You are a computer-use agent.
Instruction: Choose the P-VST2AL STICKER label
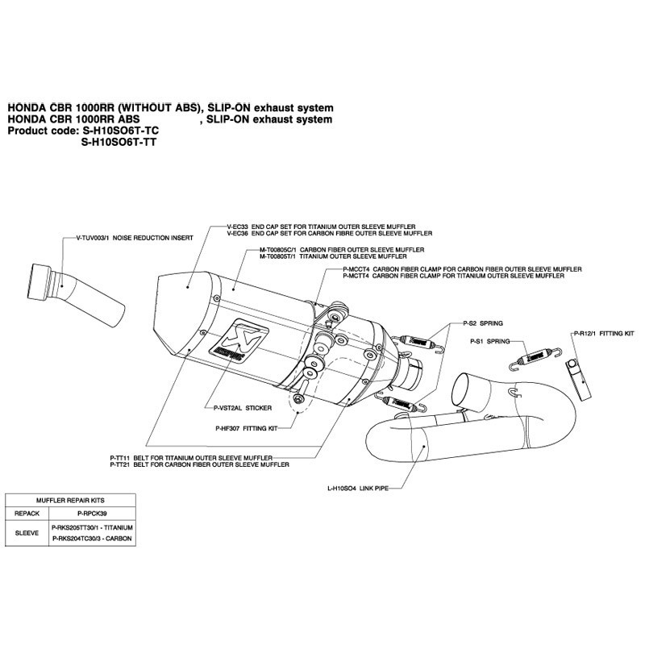click(240, 408)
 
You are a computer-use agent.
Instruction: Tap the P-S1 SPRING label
click(491, 341)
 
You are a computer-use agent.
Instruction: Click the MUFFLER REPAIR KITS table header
click(68, 500)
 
